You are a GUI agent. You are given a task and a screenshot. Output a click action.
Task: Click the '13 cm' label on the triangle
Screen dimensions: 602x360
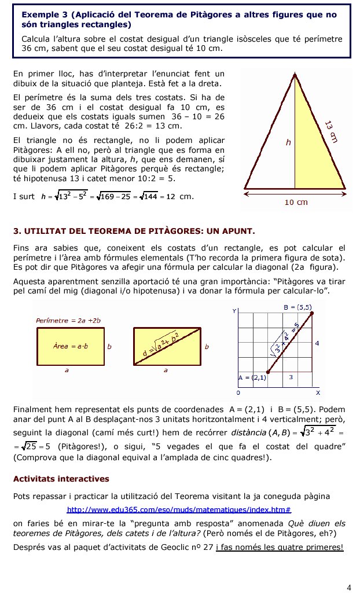pyautogui.click(x=330, y=131)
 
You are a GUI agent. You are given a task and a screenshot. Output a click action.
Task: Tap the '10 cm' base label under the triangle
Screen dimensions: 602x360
pyautogui.click(x=295, y=202)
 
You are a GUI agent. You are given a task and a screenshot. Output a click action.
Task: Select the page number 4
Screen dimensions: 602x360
pyautogui.click(x=348, y=588)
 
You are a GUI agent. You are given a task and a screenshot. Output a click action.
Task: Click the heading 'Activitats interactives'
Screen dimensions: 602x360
pyautogui.click(x=61, y=479)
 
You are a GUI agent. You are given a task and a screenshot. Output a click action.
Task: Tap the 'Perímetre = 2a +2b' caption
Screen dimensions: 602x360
pyautogui.click(x=69, y=320)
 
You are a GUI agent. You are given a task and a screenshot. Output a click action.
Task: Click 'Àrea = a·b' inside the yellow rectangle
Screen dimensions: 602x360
pyautogui.click(x=70, y=346)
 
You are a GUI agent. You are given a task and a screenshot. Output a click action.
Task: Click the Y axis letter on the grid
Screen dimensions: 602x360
pyautogui.click(x=234, y=311)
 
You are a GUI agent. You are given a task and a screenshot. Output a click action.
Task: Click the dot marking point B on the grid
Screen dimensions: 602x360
pyautogui.click(x=313, y=314)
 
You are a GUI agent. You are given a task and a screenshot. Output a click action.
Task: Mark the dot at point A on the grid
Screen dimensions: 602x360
pyautogui.click(x=267, y=372)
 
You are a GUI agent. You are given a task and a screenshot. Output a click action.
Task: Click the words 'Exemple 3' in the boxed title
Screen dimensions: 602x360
pyautogui.click(x=41, y=14)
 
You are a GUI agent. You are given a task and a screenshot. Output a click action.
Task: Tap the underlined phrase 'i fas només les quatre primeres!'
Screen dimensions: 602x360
pyautogui.click(x=279, y=547)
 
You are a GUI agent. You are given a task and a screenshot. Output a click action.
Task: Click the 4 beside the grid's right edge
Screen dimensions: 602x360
pyautogui.click(x=317, y=343)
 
